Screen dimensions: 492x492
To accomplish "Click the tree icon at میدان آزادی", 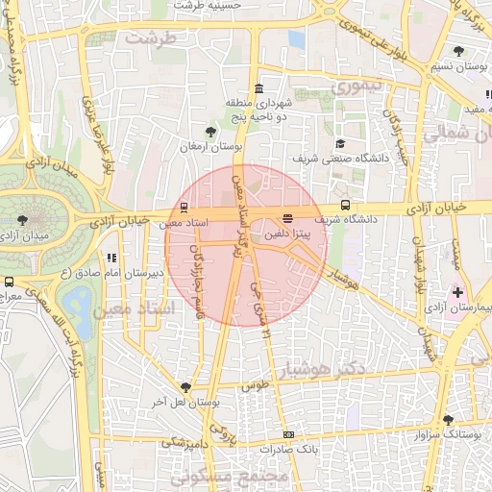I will coord(22,220).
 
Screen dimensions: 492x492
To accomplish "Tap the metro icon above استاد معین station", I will coord(183,207).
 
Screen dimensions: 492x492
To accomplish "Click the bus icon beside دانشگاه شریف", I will coord(344,205).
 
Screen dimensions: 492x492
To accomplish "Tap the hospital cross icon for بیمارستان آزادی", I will coord(457,291).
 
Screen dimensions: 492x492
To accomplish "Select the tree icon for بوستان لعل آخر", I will coord(184,385).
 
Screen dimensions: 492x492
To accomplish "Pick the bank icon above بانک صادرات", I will coord(288,435).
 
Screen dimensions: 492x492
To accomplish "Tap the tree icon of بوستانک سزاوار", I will coord(448,419).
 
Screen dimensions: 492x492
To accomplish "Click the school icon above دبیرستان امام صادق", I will coord(112,258).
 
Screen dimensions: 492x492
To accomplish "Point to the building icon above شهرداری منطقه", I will coord(258,88).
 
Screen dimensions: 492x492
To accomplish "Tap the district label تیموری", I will coord(357,86).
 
